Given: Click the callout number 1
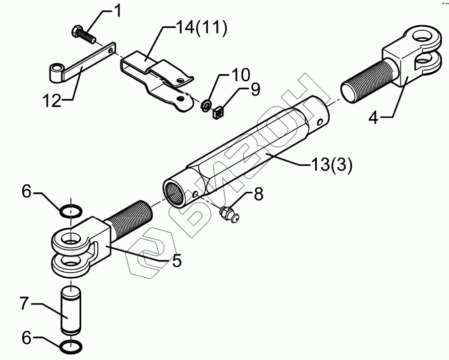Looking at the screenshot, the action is [118, 11].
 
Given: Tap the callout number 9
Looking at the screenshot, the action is [255, 90].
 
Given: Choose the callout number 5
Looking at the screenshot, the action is [177, 261].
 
